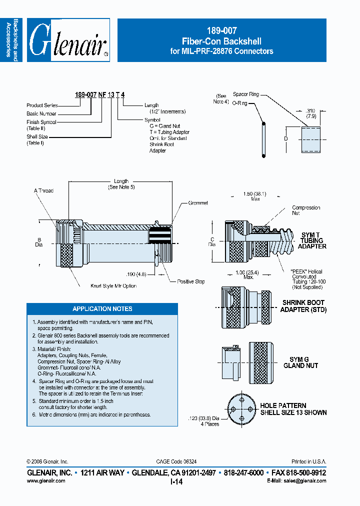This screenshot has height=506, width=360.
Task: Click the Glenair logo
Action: tap(68, 40)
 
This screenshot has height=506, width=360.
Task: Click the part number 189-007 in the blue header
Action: tap(221, 30)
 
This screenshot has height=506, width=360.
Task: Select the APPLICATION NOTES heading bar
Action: tap(102, 308)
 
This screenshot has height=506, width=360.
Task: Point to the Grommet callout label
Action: tap(198, 203)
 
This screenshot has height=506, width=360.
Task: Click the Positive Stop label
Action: tap(190, 281)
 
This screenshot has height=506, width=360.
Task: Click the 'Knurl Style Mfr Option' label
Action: tap(113, 286)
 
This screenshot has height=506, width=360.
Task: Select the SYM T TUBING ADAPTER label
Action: tap(312, 240)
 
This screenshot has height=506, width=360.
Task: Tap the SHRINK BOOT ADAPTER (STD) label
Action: tap(302, 306)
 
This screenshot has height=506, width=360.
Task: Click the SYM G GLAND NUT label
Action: tap(303, 362)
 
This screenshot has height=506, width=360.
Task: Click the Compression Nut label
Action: tap(305, 210)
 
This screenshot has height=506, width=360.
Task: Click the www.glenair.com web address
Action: tap(45, 480)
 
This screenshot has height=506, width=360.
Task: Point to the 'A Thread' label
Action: tap(43, 190)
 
